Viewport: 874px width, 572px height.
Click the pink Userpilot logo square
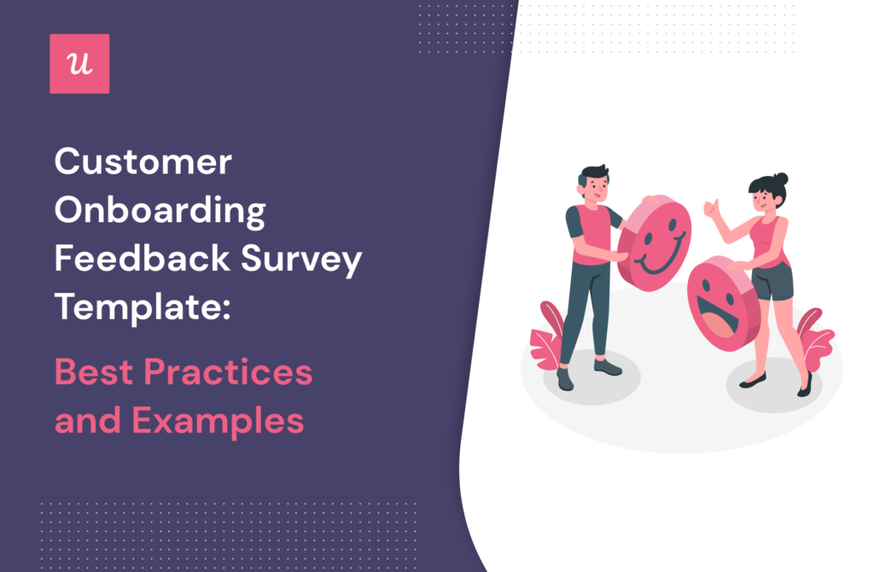click(x=79, y=63)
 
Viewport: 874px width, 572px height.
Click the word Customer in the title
click(x=143, y=162)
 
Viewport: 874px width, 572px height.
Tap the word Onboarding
click(x=160, y=211)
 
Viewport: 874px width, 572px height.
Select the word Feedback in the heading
click(x=143, y=259)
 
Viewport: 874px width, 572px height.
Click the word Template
click(x=143, y=307)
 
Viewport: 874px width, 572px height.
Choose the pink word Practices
click(x=228, y=372)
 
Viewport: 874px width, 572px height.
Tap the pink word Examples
click(x=218, y=422)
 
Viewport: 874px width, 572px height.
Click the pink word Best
click(x=94, y=372)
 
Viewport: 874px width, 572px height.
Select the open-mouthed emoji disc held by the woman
click(x=723, y=303)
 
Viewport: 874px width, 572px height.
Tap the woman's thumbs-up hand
click(x=711, y=208)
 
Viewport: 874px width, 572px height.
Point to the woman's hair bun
click(x=782, y=178)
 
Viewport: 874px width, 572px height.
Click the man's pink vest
click(x=591, y=234)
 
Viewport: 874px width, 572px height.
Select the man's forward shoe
click(x=608, y=367)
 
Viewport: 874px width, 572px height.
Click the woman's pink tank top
click(x=769, y=242)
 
